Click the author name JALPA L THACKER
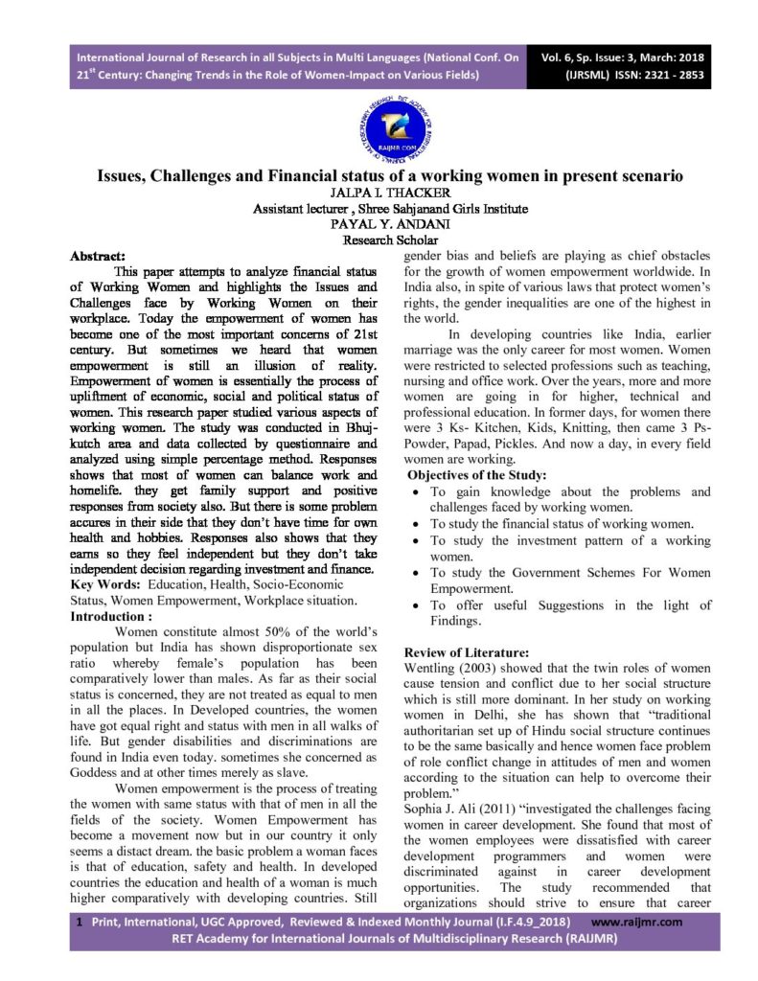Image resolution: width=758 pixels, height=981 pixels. click(379, 193)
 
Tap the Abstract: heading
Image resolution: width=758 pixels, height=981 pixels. click(99, 256)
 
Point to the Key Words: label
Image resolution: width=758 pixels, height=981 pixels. click(102, 585)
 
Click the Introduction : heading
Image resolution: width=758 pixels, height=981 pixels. click(111, 617)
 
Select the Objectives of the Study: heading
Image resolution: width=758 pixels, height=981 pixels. click(477, 475)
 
